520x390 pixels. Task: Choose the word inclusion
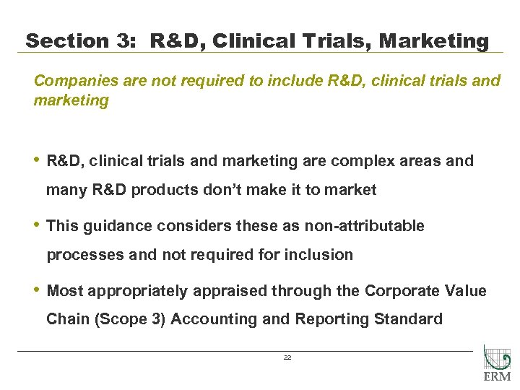pyautogui.click(x=319, y=255)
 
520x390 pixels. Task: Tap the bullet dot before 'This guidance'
pyautogui.click(x=37, y=225)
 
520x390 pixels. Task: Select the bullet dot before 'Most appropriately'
pyautogui.click(x=37, y=290)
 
